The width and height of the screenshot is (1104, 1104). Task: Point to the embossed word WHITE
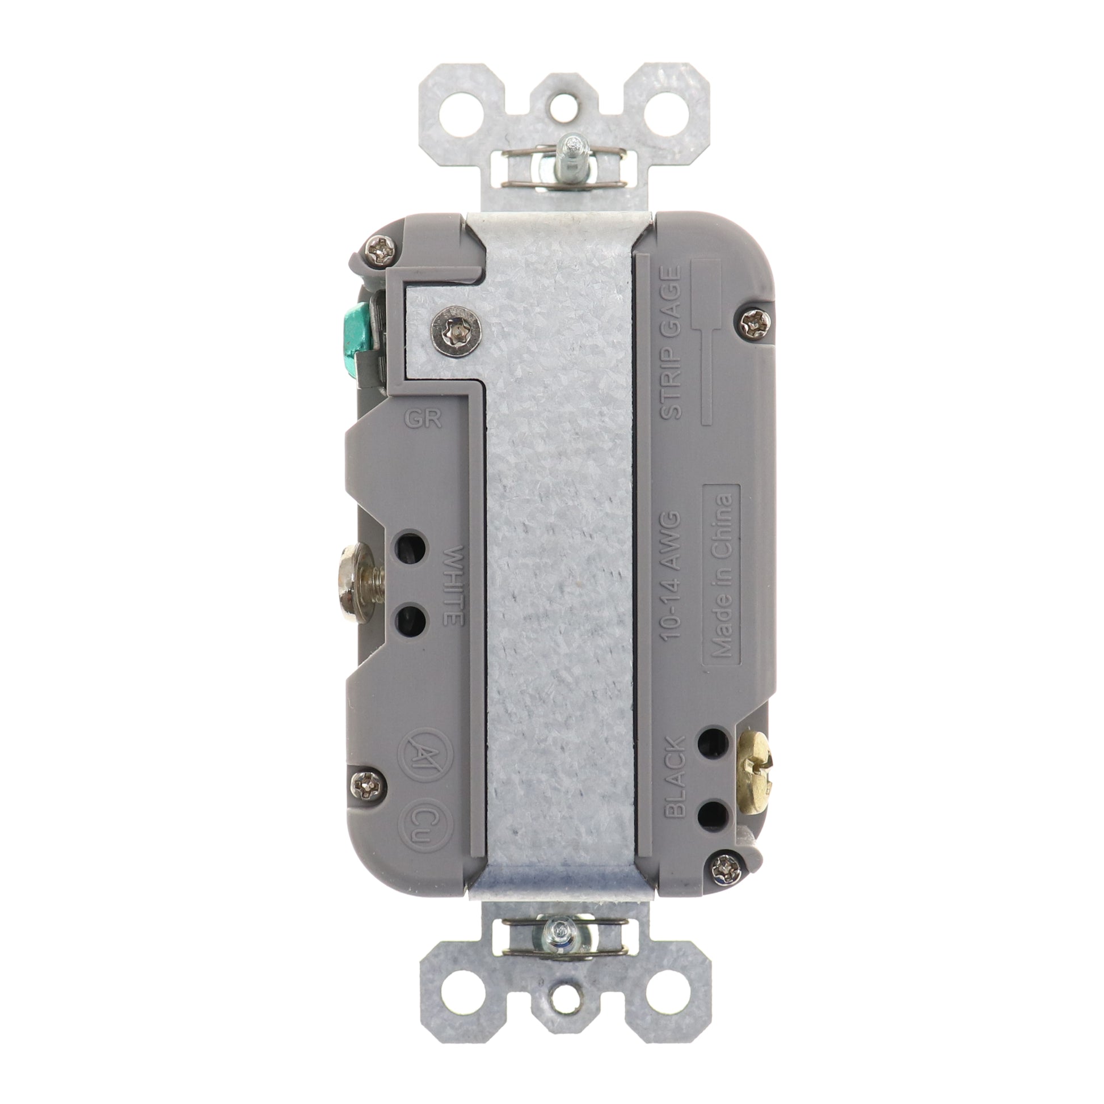click(455, 585)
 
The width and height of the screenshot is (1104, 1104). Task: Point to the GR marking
click(430, 420)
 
